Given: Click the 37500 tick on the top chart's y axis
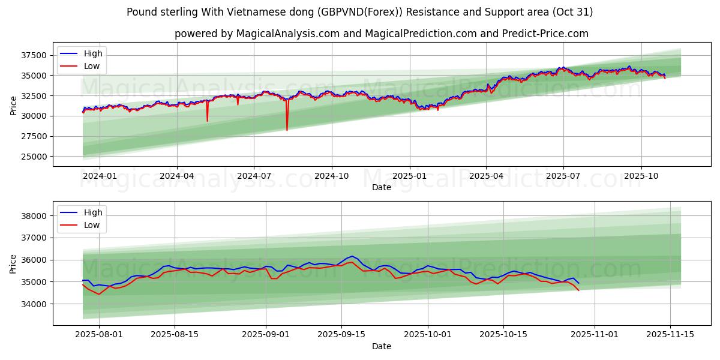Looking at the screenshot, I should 34,55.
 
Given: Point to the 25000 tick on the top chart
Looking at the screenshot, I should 34,157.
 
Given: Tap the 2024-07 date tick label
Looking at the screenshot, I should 253,176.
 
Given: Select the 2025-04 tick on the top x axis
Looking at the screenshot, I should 486,176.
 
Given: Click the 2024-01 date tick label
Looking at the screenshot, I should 99,176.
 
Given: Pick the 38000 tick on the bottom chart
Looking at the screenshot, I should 34,216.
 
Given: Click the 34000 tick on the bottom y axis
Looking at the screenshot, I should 34,304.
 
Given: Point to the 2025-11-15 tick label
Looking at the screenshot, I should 669,335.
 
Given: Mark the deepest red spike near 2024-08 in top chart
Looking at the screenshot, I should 287,130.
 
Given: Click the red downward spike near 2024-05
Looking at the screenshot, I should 207,121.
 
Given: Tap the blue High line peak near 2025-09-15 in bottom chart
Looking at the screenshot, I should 352,256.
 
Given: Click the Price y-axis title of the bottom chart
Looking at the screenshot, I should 13,263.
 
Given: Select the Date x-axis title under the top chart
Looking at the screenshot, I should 381,187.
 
